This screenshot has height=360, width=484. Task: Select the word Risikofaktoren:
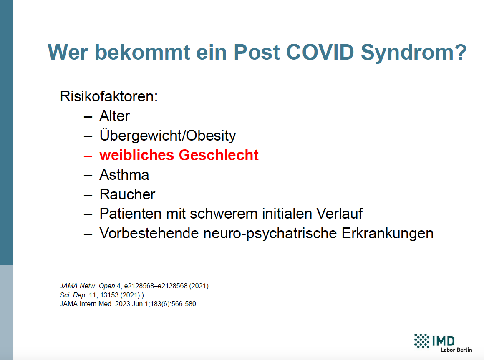[x=108, y=96]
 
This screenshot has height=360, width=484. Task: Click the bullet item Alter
[x=114, y=116]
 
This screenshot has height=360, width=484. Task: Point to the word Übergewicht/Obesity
[x=168, y=136]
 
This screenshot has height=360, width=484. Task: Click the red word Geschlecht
[x=219, y=155]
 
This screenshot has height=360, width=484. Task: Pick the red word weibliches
[x=137, y=155]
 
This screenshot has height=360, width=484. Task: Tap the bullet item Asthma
[x=124, y=175]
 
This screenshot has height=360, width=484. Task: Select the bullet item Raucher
[x=127, y=194]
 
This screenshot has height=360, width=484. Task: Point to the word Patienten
[x=130, y=214]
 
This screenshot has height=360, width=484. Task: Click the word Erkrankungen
[x=387, y=234]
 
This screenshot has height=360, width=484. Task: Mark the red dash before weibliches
[x=88, y=156]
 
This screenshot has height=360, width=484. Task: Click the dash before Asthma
[x=88, y=176]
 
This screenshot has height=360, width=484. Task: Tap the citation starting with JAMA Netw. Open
[x=134, y=286]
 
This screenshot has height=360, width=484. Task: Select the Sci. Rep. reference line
[x=103, y=295]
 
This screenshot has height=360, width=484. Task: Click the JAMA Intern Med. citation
[x=128, y=304]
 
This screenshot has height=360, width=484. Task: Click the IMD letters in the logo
[x=443, y=341]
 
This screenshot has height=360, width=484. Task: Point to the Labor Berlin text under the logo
[x=456, y=350]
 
